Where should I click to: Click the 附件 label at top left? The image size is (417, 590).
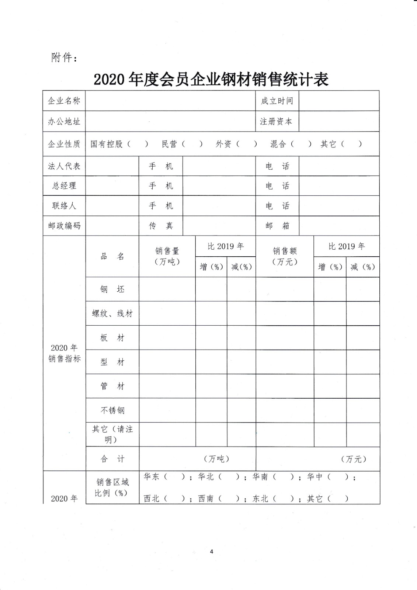tap(64, 58)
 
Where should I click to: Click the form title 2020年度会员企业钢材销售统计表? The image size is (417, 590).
tap(211, 79)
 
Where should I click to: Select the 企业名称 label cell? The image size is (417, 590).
tap(64, 101)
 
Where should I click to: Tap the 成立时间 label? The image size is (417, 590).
tap(277, 101)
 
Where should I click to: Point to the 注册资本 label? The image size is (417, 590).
tap(276, 121)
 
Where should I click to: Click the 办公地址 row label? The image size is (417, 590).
tap(64, 121)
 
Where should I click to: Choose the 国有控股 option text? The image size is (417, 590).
tap(107, 144)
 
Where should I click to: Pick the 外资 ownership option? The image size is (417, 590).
tap(223, 144)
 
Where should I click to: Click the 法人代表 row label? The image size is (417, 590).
tap(64, 166)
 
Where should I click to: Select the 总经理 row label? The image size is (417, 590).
tap(64, 186)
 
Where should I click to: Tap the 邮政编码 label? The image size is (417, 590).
tap(64, 226)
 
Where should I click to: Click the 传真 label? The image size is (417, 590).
tap(161, 226)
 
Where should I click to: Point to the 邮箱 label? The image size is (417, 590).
tap(277, 226)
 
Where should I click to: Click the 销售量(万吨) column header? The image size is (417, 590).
tap(167, 256)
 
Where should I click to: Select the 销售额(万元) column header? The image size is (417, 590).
tap(285, 256)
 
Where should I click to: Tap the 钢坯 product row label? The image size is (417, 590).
tap(112, 289)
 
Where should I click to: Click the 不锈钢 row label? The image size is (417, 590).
tap(112, 410)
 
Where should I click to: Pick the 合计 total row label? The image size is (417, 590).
tap(112, 459)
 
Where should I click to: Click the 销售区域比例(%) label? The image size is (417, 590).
tap(112, 487)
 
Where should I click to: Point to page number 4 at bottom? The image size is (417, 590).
tap(212, 552)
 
